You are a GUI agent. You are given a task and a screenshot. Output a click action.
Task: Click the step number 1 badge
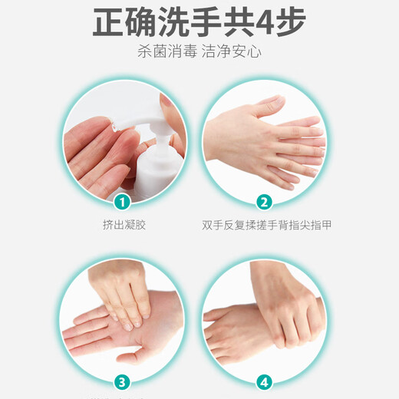pos(120,203)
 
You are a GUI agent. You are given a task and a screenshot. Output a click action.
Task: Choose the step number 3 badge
pos(120,381)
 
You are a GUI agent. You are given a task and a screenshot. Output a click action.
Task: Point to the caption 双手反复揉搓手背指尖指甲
pos(267,225)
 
